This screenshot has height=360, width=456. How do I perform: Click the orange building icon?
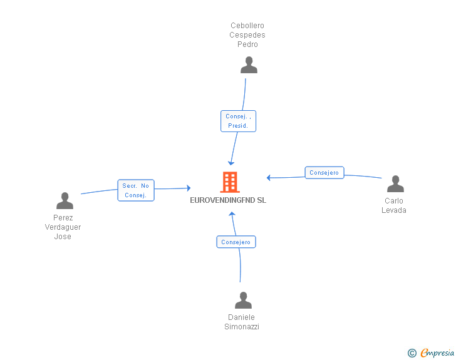coord(230,182)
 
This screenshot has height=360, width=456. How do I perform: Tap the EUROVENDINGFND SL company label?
coord(228,200)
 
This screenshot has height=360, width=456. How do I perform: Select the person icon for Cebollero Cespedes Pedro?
coord(249,65)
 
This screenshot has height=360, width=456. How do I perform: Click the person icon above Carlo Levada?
coord(395,184)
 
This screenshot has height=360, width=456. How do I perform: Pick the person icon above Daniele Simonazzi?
coord(243,300)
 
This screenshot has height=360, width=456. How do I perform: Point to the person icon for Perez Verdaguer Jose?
coord(65,200)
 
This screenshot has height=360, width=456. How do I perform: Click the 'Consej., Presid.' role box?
coord(238,121)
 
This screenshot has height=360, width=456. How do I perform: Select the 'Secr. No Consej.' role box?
coord(136,190)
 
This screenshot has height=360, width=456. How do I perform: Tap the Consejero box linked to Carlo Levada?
coord(324,172)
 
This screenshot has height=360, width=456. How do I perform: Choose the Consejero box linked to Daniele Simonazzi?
coord(236,242)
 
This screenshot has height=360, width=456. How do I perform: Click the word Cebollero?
coord(247,26)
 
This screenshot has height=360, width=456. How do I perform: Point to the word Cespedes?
coord(247,35)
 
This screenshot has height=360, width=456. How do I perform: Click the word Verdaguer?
coord(63,227)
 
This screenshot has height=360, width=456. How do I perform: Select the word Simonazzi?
coord(242,327)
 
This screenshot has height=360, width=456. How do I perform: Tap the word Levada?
coord(394,210)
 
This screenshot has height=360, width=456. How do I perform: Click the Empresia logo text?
coord(437,353)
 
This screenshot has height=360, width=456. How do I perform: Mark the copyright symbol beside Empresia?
coord(412,353)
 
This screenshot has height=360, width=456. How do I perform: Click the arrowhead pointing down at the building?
coord(231,163)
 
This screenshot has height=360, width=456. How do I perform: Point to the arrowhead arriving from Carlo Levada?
coord(269,178)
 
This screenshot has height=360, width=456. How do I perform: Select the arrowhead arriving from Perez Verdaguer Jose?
coord(189,188)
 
